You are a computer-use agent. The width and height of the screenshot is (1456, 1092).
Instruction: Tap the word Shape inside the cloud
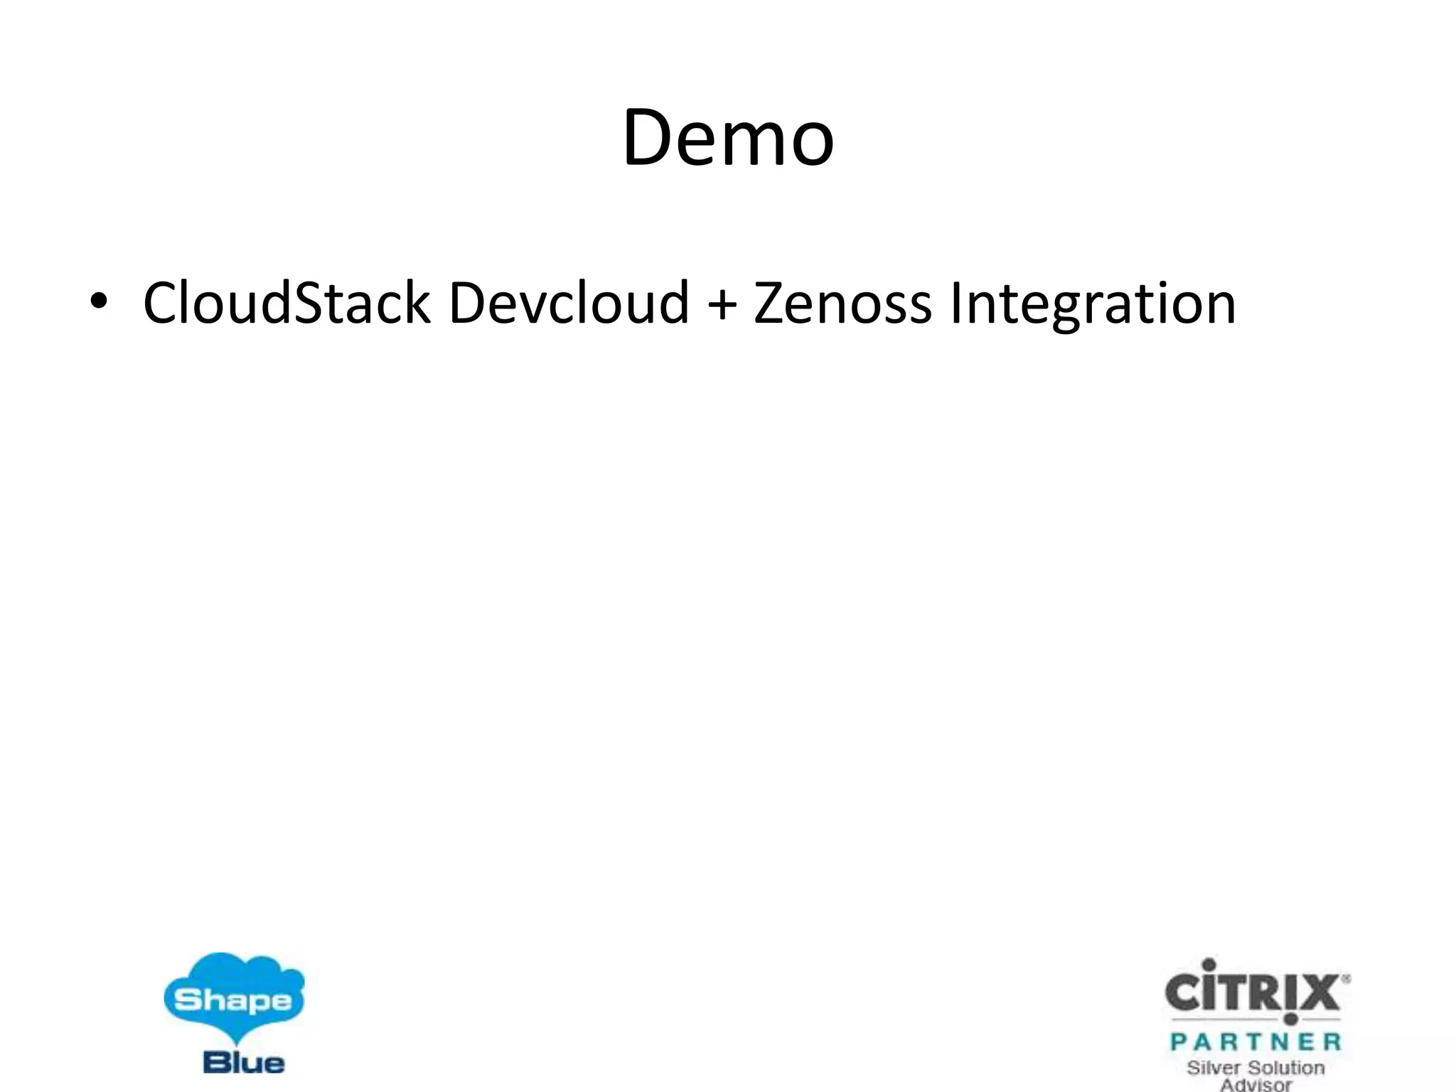click(x=233, y=1001)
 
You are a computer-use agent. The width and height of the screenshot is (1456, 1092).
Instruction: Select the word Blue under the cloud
click(x=243, y=1063)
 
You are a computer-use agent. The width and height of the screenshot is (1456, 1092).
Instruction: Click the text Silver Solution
click(x=1256, y=1068)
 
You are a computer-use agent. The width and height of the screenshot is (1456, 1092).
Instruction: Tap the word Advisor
click(x=1256, y=1085)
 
